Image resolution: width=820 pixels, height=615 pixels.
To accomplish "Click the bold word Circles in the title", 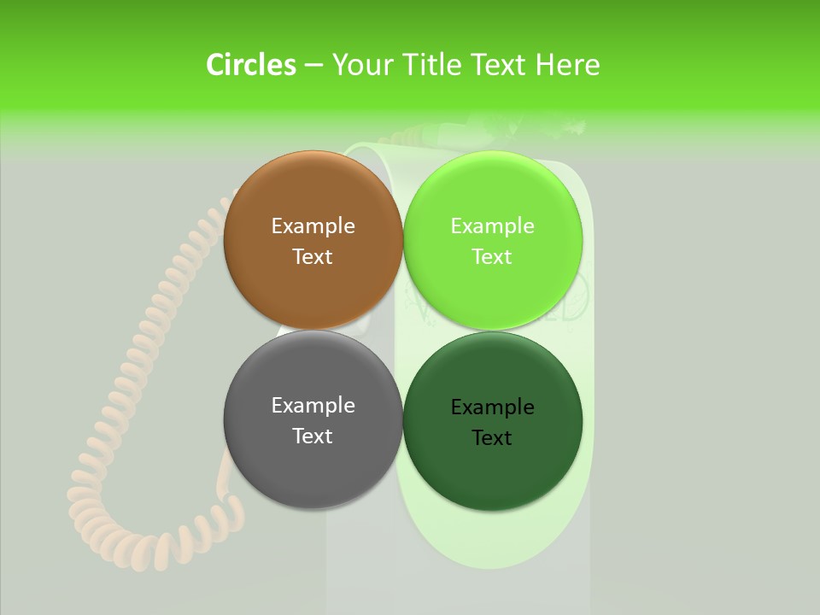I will [250, 65].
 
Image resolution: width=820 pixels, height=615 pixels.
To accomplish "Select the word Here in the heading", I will [568, 65].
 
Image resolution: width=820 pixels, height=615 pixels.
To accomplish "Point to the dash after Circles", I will [313, 66].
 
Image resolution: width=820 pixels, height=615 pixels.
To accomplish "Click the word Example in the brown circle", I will [313, 226].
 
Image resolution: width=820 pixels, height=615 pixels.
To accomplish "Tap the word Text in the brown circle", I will [313, 257].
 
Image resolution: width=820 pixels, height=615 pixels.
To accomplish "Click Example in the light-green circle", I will [492, 226].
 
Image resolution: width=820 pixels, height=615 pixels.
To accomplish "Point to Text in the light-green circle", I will [492, 257].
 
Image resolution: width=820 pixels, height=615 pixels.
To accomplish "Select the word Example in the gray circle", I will [313, 406].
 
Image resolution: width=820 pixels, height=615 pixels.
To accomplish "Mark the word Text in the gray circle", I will [313, 436].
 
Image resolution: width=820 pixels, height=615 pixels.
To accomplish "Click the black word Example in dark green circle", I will [492, 407].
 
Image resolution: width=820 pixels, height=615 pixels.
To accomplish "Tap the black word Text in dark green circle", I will [492, 438].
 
